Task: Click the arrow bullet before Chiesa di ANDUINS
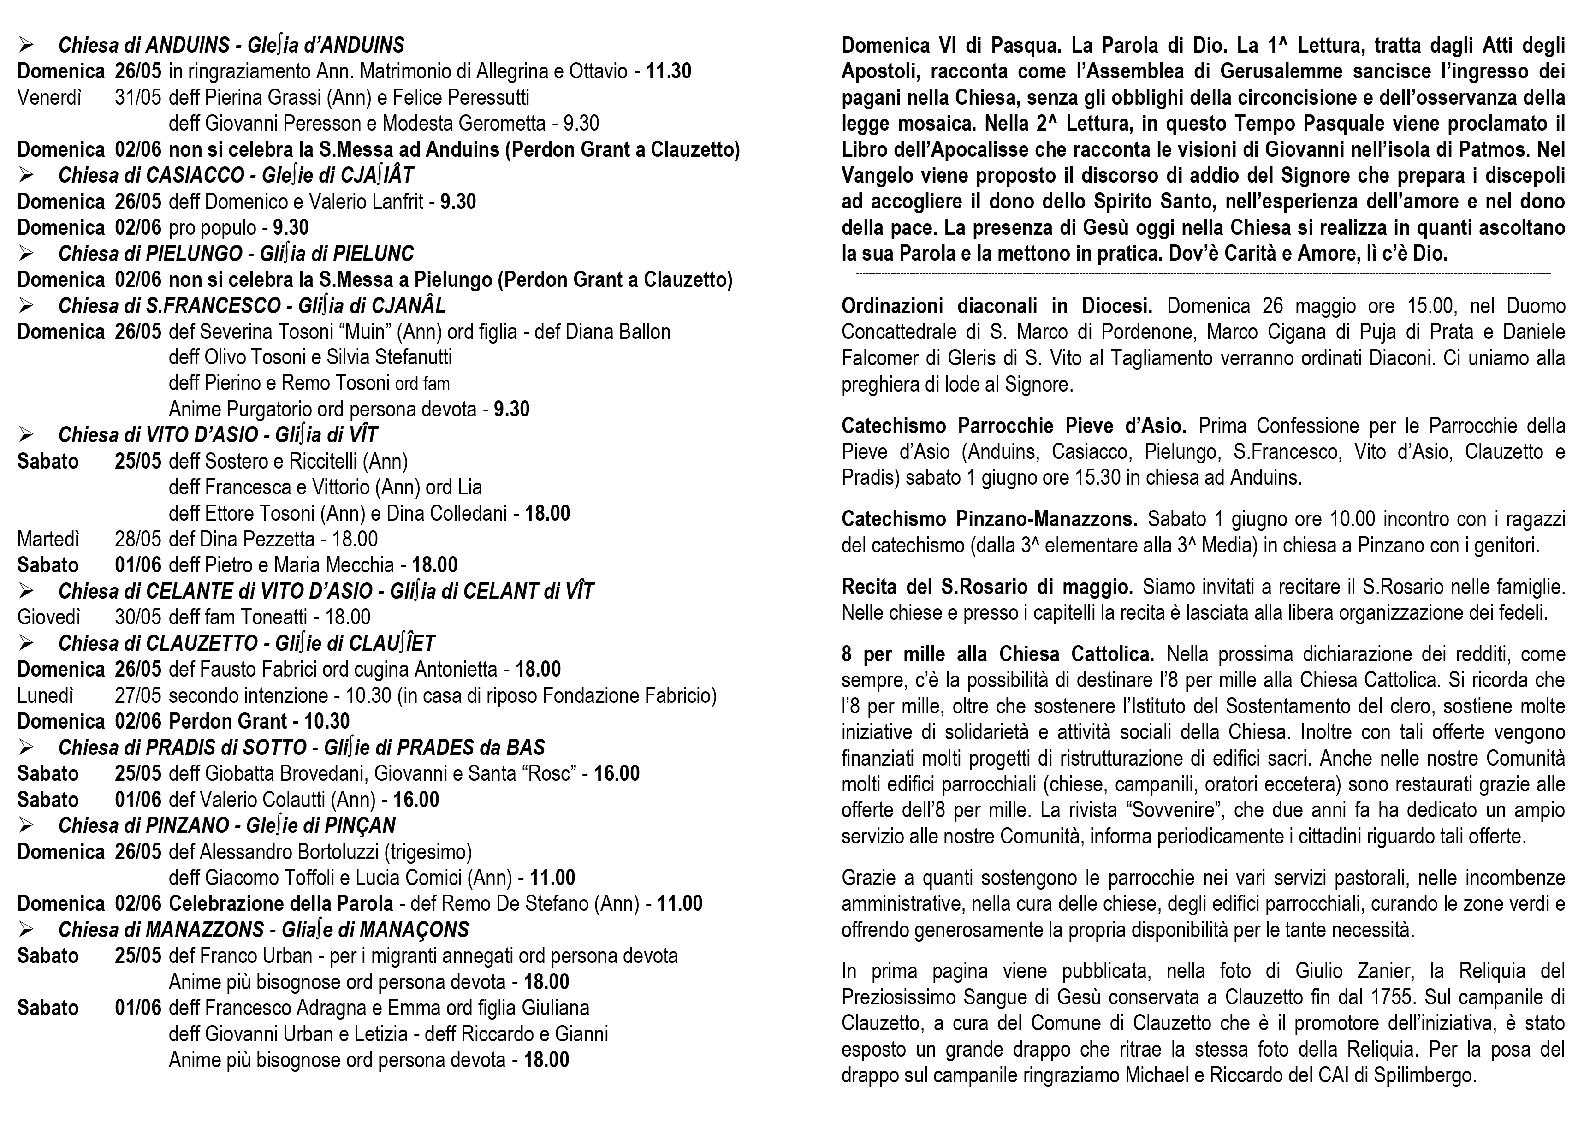26,46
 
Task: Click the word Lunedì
45,695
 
